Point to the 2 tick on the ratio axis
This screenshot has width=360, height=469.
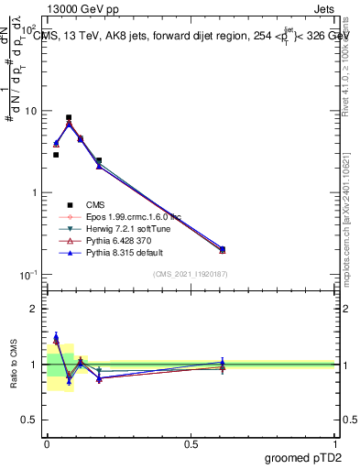(34, 309)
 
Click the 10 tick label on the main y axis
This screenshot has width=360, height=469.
(30, 111)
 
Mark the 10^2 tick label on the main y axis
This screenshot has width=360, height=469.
(28, 29)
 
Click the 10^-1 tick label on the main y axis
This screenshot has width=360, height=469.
(28, 275)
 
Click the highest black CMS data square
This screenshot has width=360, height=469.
(69, 117)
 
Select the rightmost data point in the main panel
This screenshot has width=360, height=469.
(223, 249)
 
